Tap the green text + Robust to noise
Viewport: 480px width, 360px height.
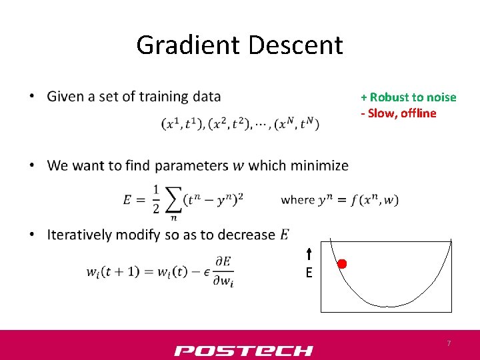coord(409,97)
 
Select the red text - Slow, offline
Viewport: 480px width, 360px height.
coord(399,113)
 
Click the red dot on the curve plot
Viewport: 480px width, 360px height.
coord(342,264)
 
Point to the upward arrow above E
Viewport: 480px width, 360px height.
coord(309,254)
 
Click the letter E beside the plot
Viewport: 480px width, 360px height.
coord(309,273)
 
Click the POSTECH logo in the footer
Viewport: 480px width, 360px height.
coord(243,351)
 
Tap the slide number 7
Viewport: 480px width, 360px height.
coord(449,343)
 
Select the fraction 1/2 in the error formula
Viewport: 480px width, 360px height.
coord(155,199)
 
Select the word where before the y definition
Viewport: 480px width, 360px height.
coord(297,200)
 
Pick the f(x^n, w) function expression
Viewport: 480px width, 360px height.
coord(375,200)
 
